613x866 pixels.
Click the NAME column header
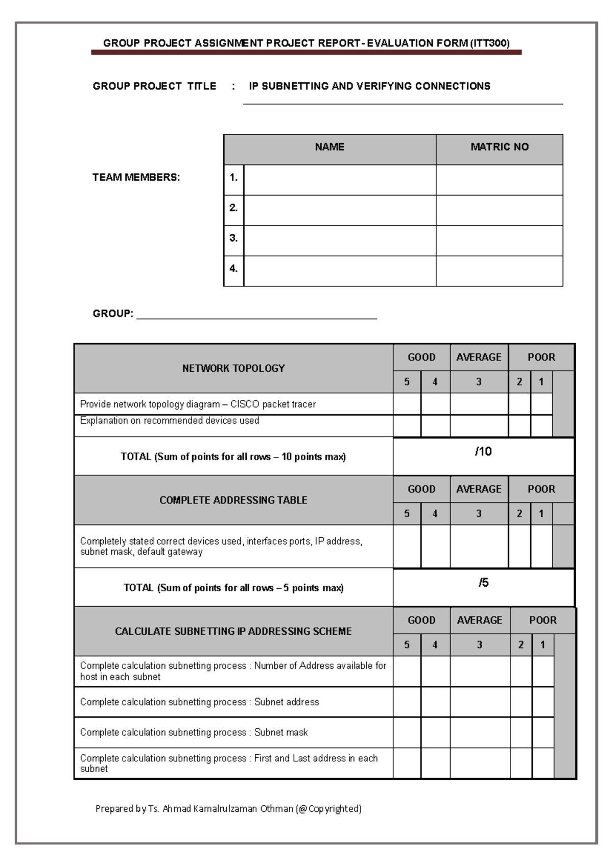329,147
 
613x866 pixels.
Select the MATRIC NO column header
499,147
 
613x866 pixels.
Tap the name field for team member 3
340,240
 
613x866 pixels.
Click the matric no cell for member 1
499,180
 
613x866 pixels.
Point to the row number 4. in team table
233,269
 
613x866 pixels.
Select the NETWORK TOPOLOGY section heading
233,368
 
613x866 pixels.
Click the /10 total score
483,451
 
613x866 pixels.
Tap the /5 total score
483,583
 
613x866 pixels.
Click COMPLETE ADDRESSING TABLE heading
233,500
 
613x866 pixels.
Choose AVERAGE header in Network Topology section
479,357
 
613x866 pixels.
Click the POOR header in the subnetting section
543,620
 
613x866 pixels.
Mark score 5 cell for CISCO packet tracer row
407,404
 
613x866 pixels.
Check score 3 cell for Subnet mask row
480,732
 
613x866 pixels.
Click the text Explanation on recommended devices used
170,421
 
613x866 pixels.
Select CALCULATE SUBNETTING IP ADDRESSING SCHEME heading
233,632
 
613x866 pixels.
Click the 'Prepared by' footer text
228,809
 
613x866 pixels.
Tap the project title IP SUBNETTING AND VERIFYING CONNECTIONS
369,86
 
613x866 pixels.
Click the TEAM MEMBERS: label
136,178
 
